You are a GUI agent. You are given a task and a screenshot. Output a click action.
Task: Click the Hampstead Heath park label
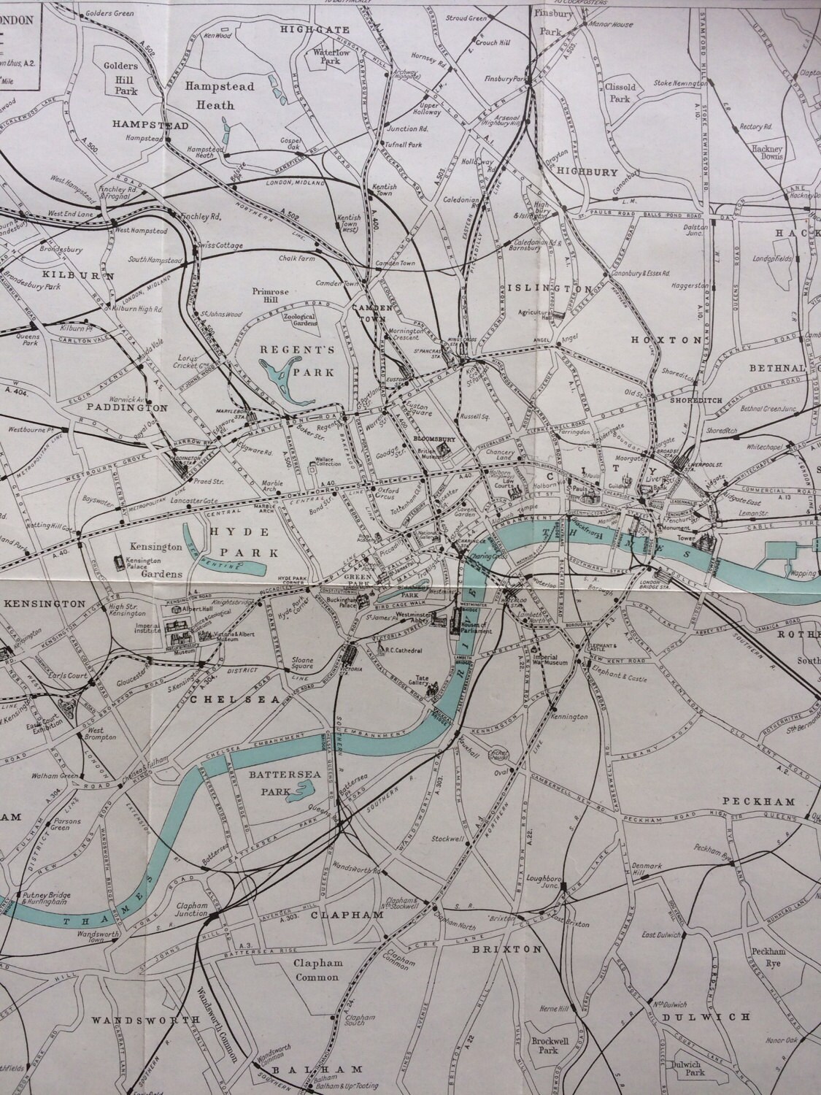coord(209,95)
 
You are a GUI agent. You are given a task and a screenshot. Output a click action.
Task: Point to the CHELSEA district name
coord(235,699)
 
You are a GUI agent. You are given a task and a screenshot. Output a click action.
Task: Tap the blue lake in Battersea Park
coord(301,790)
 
